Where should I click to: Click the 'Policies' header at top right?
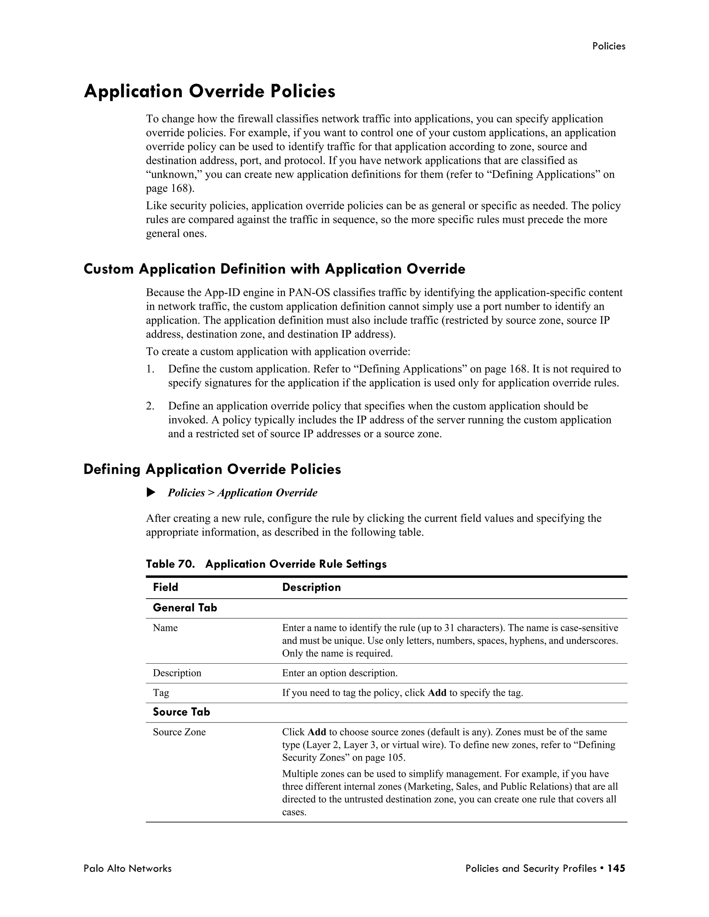click(608, 46)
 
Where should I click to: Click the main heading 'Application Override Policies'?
click(209, 92)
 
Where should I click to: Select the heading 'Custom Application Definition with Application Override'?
click(274, 269)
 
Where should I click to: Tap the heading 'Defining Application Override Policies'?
click(212, 469)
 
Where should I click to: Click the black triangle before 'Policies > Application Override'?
click(151, 492)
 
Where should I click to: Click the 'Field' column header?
click(165, 587)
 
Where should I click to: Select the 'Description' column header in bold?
click(311, 587)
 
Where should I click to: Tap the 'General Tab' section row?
click(185, 608)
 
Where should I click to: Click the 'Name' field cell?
click(165, 628)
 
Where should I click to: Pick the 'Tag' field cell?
click(161, 693)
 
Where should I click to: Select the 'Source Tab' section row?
click(181, 712)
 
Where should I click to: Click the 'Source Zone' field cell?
click(179, 732)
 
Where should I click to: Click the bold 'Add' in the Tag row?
click(437, 693)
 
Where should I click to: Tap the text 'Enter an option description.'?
click(339, 673)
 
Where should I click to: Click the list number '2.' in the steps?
click(150, 406)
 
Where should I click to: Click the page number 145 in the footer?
click(616, 868)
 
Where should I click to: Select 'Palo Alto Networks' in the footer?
click(128, 868)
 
